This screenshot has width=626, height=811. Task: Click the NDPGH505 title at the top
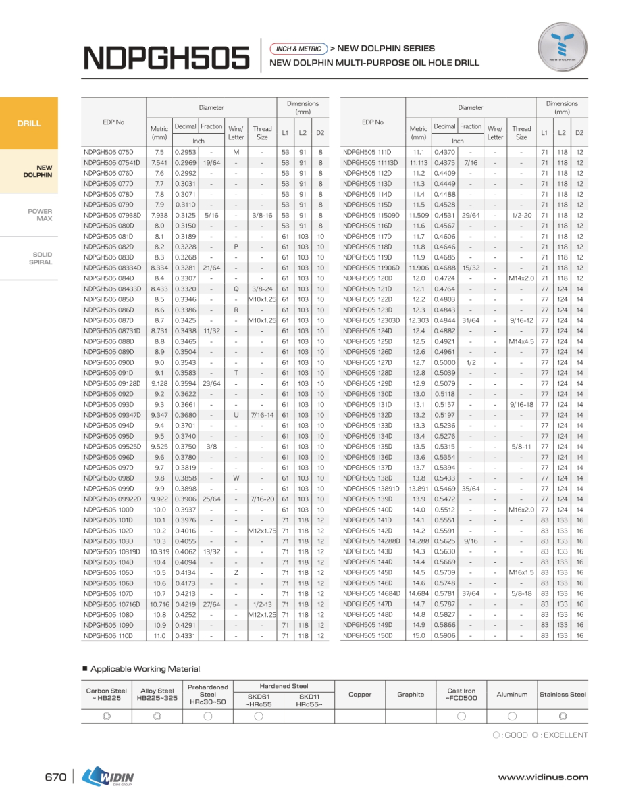click(165, 58)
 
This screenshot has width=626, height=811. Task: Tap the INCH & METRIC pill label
click(298, 49)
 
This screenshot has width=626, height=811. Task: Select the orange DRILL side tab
click(29, 124)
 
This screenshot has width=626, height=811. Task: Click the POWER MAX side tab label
click(40, 215)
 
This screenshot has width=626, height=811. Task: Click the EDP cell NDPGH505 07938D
click(112, 216)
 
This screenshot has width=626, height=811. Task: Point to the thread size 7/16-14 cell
click(262, 415)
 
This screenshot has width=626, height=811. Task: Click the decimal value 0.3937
click(185, 510)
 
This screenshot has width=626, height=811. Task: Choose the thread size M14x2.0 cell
click(521, 278)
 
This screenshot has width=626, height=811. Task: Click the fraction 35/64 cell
click(471, 489)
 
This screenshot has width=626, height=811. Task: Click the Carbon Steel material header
click(107, 694)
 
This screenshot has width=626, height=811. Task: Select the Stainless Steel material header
click(563, 694)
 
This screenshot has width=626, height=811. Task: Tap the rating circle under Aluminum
click(512, 716)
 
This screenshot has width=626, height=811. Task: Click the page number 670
click(55, 777)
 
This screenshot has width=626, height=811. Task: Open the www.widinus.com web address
click(543, 777)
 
